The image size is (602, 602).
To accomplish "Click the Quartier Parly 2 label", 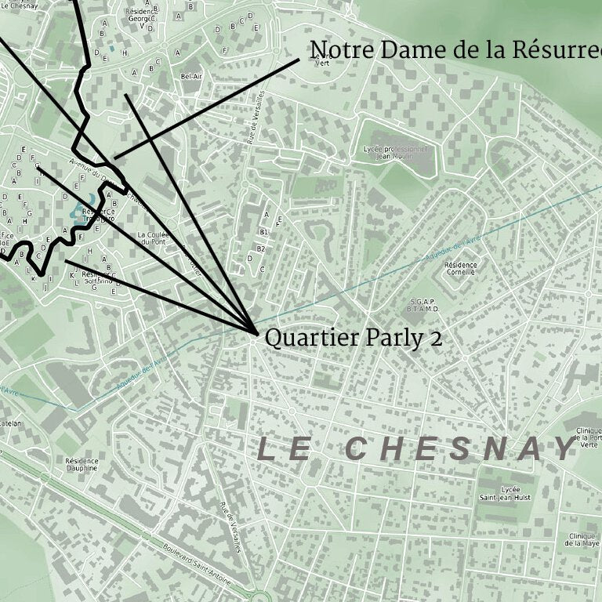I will (353, 338).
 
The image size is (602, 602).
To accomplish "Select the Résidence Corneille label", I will (460, 269).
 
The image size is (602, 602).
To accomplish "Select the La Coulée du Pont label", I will (153, 238).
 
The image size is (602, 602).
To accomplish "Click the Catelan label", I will (11, 423).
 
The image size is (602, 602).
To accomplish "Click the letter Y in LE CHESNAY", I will (564, 449).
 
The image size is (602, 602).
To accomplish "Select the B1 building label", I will (263, 232).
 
